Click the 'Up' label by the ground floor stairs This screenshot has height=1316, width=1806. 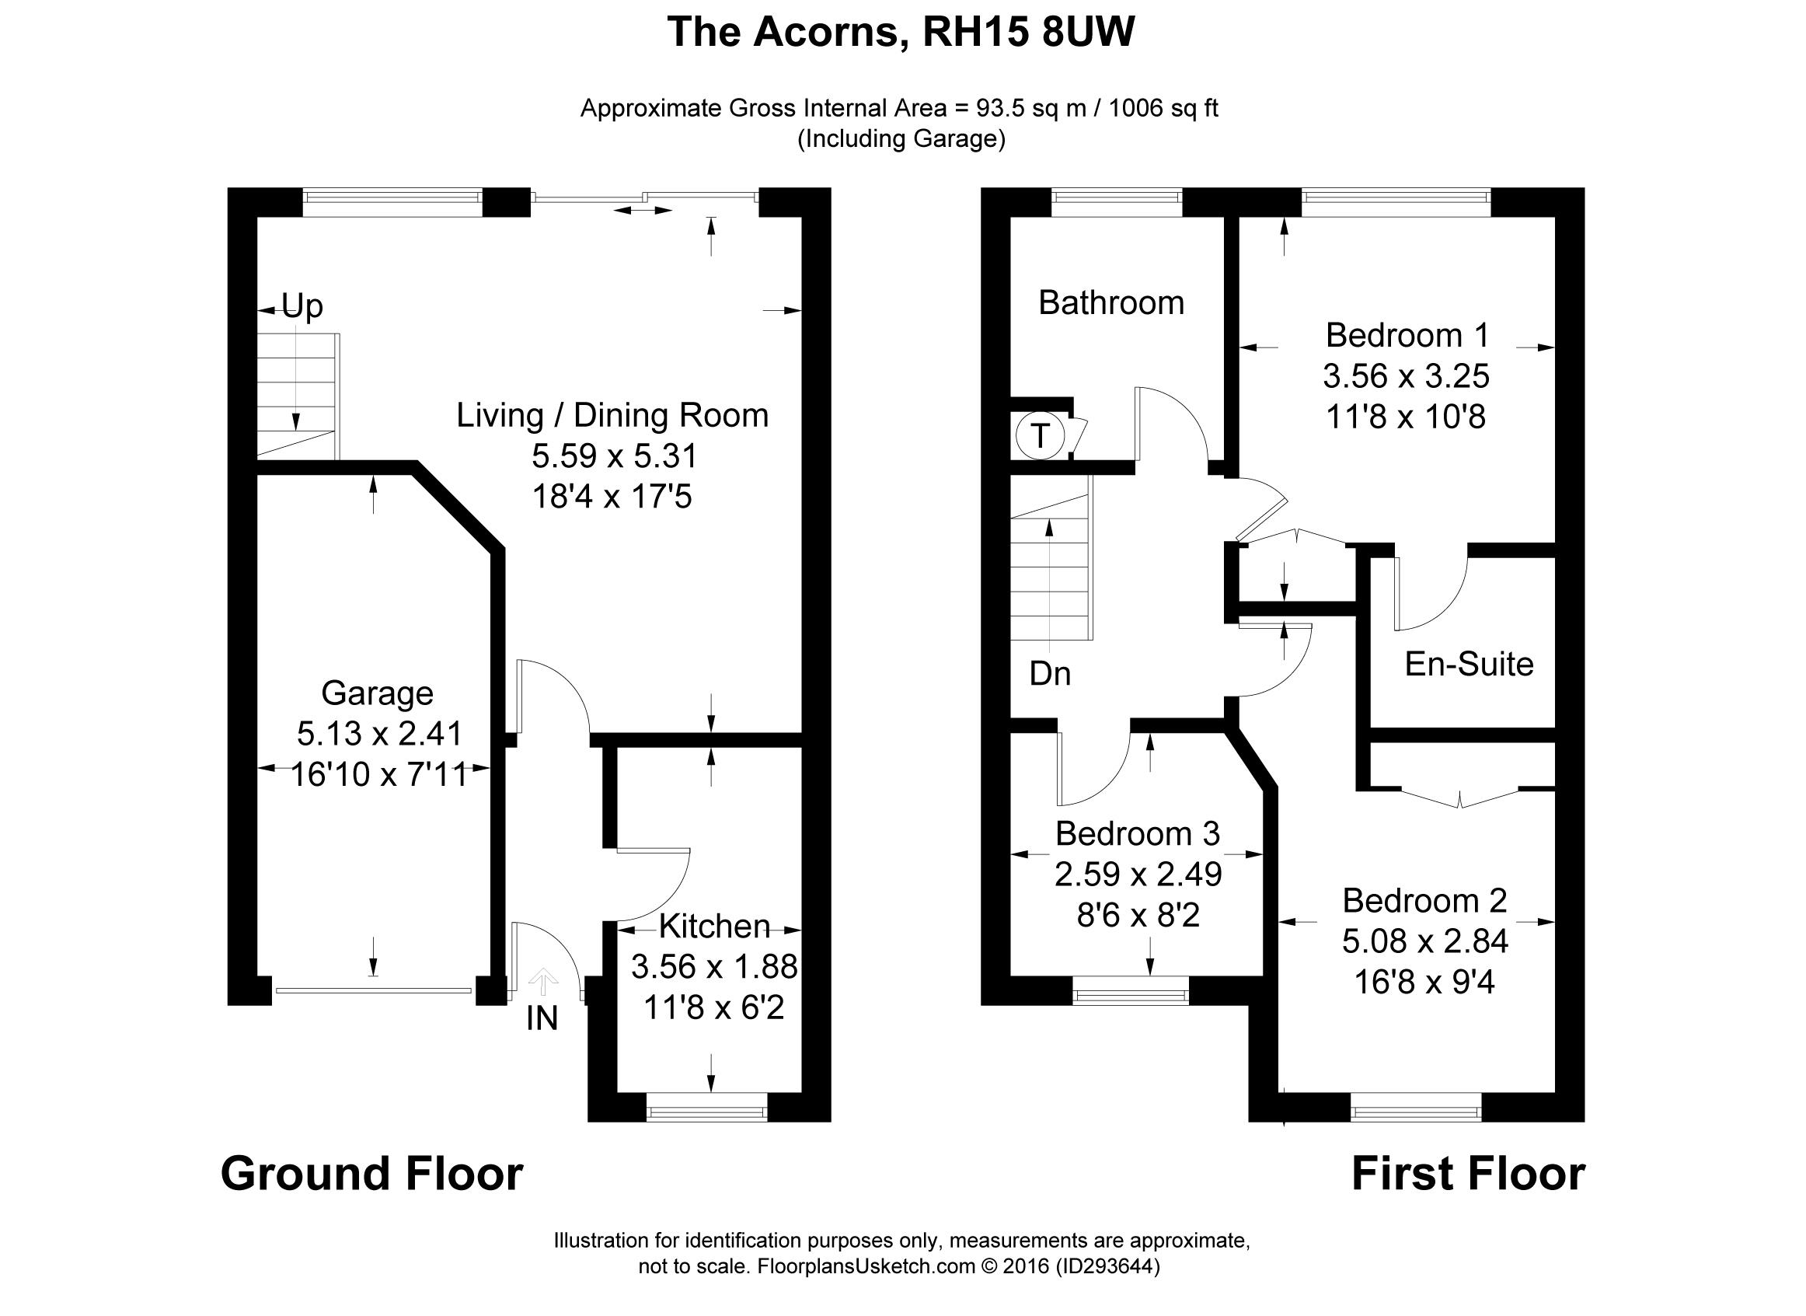point(302,306)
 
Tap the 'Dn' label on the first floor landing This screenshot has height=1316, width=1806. point(1050,674)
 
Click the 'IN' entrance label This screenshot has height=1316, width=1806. point(542,1019)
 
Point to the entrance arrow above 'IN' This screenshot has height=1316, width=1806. point(543,982)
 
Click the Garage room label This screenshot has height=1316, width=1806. point(377,693)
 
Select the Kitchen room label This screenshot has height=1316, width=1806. point(714,926)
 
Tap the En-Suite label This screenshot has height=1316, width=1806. point(1469,664)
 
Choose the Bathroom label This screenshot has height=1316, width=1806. point(1110,302)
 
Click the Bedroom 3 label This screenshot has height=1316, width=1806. point(1137,833)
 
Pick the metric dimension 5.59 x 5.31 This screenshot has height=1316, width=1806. point(614,456)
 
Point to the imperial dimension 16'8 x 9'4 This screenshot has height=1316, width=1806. point(1424,983)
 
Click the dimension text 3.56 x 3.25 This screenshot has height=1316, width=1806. point(1406,376)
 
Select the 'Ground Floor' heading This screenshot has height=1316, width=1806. point(372,1175)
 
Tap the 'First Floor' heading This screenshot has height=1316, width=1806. point(1468,1175)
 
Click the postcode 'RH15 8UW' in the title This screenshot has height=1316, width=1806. point(1028,33)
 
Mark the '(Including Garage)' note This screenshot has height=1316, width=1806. point(901,138)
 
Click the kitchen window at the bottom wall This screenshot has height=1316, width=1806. point(706,1112)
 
